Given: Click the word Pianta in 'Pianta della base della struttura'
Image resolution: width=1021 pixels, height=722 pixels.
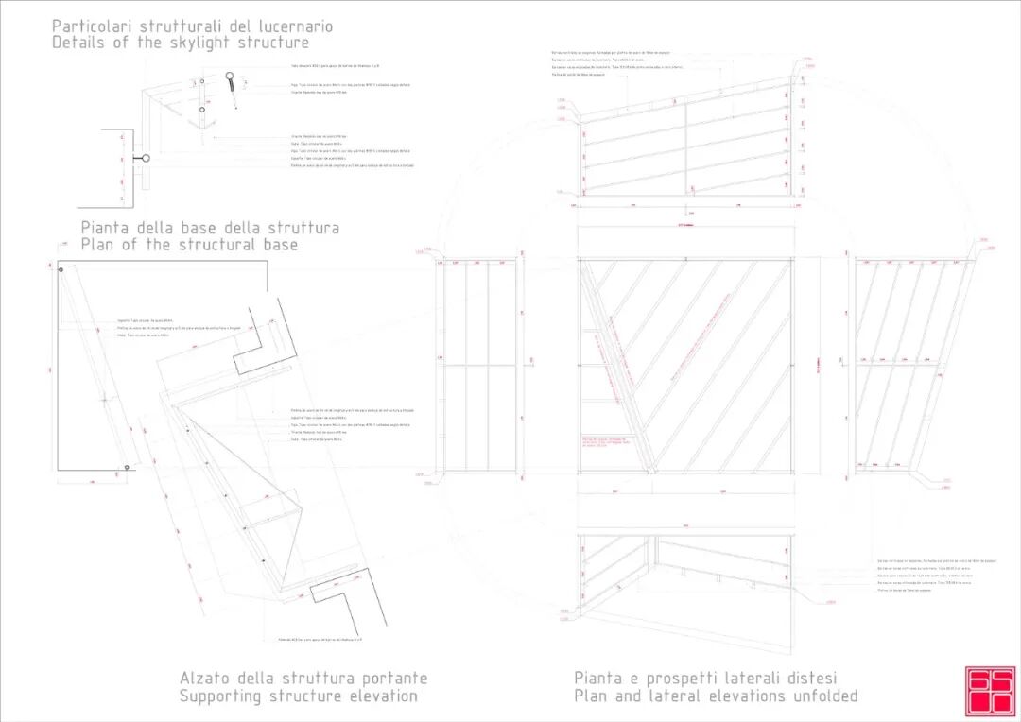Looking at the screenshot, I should pos(107,228).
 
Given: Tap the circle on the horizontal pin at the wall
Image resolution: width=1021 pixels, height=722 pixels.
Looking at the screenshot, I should pos(145,159).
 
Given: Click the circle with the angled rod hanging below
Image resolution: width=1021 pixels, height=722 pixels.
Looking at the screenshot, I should pos(230,77).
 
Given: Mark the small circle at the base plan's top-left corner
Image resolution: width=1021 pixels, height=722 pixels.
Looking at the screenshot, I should pos(61,271).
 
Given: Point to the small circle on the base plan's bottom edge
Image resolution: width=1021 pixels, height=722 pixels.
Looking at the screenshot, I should pos(128,467).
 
